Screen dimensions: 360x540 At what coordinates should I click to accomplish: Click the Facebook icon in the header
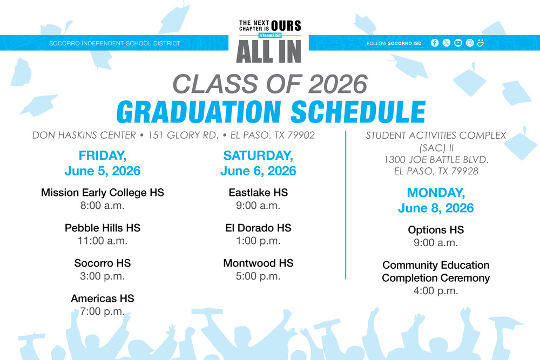pos(435,43)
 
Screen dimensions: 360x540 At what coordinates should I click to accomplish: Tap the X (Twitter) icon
pos(446,43)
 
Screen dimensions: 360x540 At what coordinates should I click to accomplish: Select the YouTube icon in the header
pos(458,43)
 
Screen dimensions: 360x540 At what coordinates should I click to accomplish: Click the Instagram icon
pos(470,43)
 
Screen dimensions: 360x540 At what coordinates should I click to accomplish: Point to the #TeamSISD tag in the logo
pos(269,36)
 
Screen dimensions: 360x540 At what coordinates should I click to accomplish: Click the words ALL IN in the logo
pos(269,51)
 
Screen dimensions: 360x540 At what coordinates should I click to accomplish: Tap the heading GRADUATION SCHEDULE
pos(271,111)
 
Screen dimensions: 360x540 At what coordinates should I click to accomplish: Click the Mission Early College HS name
pos(103,193)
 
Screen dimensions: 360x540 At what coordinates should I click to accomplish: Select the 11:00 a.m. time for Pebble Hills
pos(103,241)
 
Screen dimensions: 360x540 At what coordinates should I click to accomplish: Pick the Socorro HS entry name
pos(103,263)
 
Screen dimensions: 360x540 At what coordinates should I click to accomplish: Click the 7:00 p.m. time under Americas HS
pos(103,311)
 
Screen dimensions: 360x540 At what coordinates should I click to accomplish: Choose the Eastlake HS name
pos(258,193)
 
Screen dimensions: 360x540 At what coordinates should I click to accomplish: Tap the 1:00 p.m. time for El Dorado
pos(258,241)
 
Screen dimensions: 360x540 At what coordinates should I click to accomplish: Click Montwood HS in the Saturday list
pos(258,263)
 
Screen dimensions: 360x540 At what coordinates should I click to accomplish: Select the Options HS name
pos(436,230)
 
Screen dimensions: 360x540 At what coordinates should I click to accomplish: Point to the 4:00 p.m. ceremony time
pos(436,290)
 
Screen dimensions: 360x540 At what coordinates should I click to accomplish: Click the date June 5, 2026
pos(103,171)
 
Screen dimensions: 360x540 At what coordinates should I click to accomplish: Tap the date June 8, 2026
pos(436,208)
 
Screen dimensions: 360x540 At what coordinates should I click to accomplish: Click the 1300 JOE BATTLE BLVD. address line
pos(436,160)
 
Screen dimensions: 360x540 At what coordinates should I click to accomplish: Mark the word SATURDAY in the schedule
pos(258,156)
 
